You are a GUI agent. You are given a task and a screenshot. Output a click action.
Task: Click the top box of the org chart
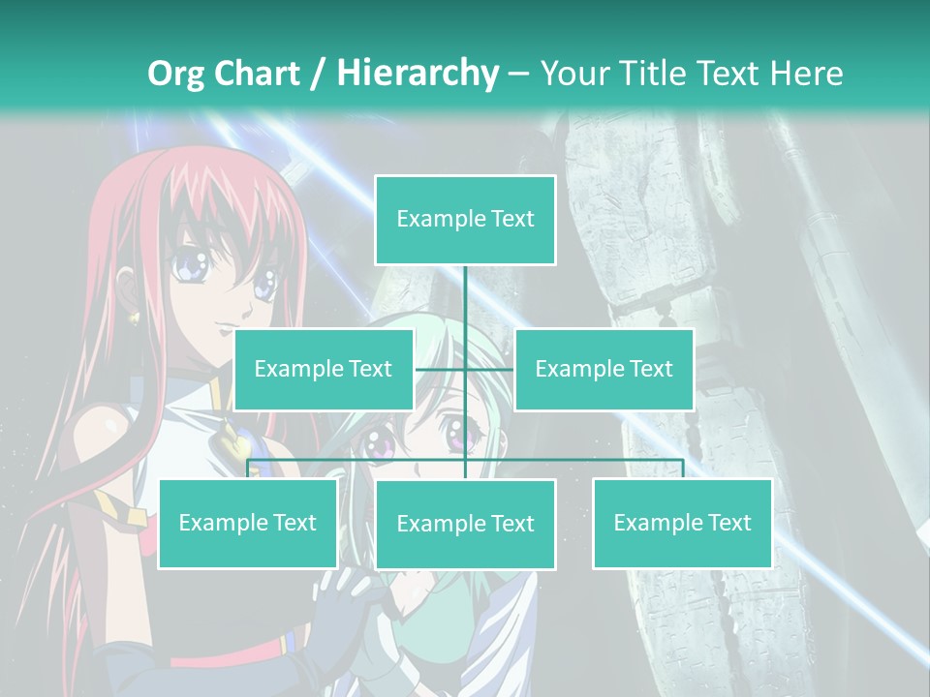465,220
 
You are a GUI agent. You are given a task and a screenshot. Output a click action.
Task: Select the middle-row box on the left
324,369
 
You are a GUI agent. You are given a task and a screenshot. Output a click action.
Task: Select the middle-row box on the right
604,369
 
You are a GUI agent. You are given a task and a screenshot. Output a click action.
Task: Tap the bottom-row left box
248,523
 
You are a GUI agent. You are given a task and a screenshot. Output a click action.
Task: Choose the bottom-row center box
465,524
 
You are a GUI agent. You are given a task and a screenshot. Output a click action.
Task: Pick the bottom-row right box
682,523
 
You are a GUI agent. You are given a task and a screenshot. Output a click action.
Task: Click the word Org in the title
176,73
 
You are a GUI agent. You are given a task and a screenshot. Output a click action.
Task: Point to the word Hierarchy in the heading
418,73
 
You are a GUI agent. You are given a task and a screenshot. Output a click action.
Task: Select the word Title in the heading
655,73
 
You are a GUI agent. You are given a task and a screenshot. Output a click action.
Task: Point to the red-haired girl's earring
134,316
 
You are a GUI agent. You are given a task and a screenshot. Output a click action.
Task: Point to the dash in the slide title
519,74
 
